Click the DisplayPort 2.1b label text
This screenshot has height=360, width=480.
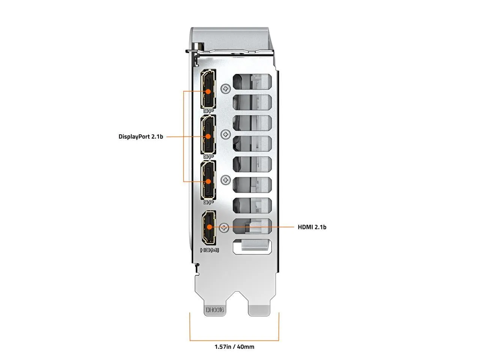pos(141,137)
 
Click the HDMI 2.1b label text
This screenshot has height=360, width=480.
pos(312,227)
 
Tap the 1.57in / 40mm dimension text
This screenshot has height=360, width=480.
pos(234,346)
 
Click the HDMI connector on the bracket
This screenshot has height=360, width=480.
pos(209,227)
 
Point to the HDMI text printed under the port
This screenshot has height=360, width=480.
pos(210,250)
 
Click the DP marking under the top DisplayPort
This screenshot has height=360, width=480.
pos(208,111)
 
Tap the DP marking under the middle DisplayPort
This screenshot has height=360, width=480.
pos(208,156)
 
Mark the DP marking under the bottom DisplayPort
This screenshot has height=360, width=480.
pos(208,202)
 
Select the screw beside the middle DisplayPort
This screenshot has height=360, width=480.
pos(225,134)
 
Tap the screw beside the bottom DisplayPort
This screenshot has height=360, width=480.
pos(225,180)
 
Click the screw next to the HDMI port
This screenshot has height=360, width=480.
pos(224,227)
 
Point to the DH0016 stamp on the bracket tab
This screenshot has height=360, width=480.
pos(214,310)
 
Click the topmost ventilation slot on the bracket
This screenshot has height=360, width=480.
pos(252,81)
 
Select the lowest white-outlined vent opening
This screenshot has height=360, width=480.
pos(252,247)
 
